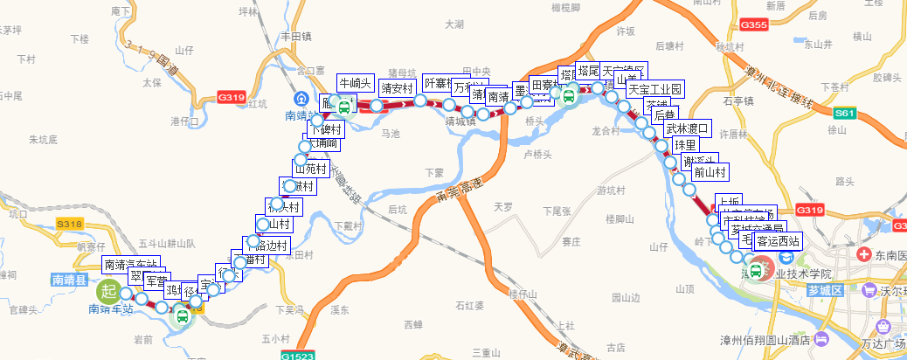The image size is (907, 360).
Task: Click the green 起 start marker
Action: coord(108,290)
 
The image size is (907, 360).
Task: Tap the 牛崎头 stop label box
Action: coord(356,83)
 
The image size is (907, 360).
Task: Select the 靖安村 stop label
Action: coord(397,88)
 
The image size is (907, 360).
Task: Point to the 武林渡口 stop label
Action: coord(689,129)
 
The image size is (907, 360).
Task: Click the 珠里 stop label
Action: coord(686,145)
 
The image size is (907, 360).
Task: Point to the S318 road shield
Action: coord(69,225)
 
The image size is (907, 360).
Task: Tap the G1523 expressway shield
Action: coord(297,356)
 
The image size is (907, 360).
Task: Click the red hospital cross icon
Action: coord(864,254)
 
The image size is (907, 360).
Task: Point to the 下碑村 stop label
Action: coord(326,130)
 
